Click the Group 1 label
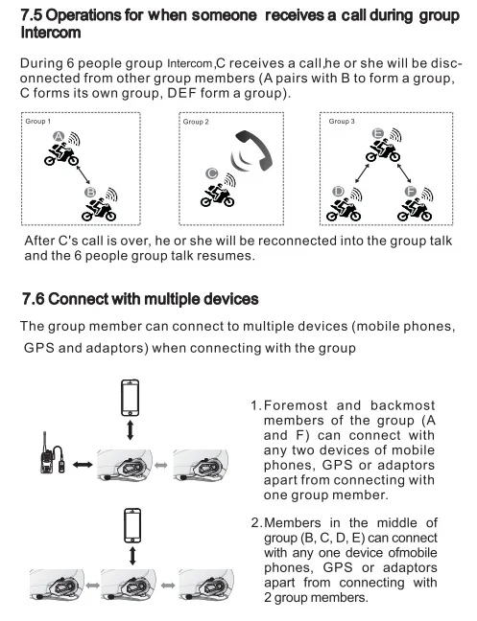tap(38, 121)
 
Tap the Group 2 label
tap(196, 122)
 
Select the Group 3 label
tap(342, 121)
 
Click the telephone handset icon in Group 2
tap(254, 150)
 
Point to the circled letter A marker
tap(59, 137)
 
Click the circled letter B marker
tap(90, 193)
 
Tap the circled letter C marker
tap(212, 173)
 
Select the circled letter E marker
tap(378, 133)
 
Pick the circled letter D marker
tap(338, 192)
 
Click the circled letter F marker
tap(411, 192)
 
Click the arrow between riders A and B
tap(82, 174)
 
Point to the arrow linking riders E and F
tap(404, 172)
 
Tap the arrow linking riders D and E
tap(362, 172)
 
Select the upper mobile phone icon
tap(131, 398)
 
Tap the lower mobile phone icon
tap(132, 525)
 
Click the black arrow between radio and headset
tap(83, 465)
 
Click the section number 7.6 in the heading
tap(33, 299)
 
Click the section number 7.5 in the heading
tap(32, 15)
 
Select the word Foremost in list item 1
tap(296, 405)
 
